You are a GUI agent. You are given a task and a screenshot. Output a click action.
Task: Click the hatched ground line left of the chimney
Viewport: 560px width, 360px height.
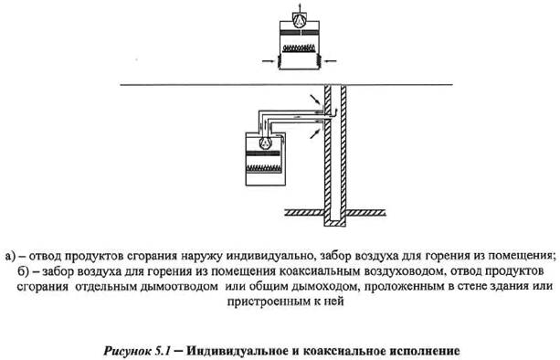[x=301, y=214]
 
